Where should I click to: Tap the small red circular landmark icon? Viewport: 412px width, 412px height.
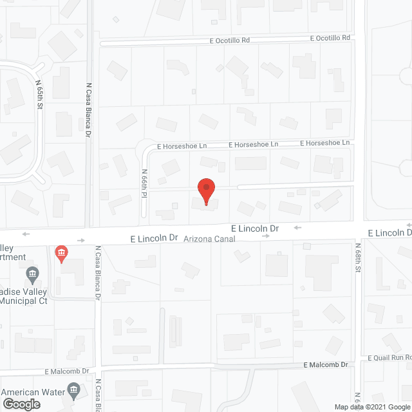pyautogui.click(x=61, y=253)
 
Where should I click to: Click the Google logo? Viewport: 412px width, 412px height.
pyautogui.click(x=21, y=404)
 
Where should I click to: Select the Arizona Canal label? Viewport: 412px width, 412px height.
pyautogui.click(x=210, y=239)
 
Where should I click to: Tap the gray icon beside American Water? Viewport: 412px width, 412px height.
pyautogui.click(x=73, y=390)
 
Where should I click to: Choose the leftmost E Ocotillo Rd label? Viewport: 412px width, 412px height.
pyautogui.click(x=229, y=40)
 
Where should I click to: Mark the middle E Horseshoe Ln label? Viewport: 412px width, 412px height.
pyautogui.click(x=253, y=144)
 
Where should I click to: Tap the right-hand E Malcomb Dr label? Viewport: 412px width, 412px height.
pyautogui.click(x=325, y=364)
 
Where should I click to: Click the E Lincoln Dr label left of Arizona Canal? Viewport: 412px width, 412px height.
pyautogui.click(x=154, y=238)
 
